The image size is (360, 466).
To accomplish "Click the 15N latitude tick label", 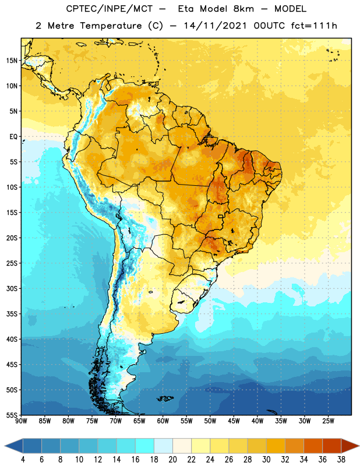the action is click(x=12, y=61).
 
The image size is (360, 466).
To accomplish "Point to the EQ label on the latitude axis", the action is click(x=13, y=137).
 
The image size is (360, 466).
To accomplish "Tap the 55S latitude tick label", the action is click(x=12, y=415).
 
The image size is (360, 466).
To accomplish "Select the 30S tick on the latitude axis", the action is click(x=12, y=288).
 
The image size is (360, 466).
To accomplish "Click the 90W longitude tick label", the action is click(x=21, y=421).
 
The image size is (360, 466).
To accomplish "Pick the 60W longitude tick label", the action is click(x=163, y=421).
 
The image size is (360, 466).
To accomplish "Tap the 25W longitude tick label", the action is click(x=328, y=421).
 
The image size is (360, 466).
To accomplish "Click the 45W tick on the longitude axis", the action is click(x=234, y=421).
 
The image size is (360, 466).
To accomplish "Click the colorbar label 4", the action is click(x=23, y=460).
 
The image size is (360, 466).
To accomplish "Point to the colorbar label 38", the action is click(x=341, y=460).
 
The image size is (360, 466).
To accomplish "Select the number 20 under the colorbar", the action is click(x=172, y=460).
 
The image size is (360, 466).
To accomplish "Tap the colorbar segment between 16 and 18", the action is click(x=144, y=446).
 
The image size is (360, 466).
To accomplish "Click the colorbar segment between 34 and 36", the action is click(x=313, y=446).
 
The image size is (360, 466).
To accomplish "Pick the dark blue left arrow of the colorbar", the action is click(x=14, y=446).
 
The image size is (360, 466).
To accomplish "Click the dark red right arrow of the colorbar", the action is click(x=350, y=446).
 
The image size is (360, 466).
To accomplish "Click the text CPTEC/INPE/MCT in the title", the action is click(x=109, y=9).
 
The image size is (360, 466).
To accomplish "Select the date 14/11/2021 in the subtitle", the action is click(x=215, y=26).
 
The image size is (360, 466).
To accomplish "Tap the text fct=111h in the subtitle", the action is click(x=314, y=26).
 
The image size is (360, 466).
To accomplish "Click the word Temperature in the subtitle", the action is click(x=111, y=26).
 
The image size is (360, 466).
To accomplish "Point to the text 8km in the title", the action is click(x=243, y=9).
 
